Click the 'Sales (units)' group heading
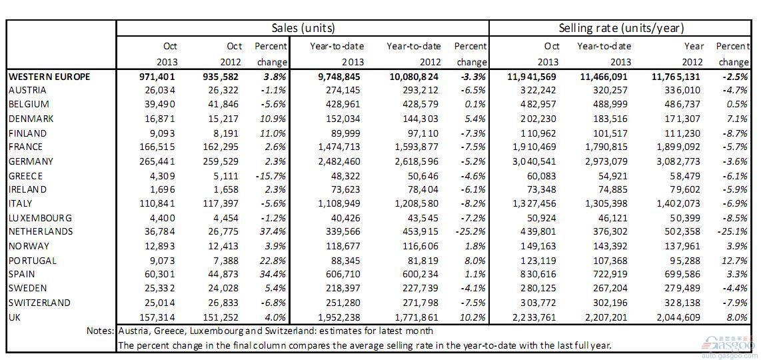click(303, 28)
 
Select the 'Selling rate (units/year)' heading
click(621, 28)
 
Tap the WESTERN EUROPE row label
click(49, 76)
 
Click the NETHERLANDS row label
click(41, 231)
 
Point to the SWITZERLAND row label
click(40, 303)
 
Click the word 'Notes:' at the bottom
click(101, 331)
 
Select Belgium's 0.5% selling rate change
click(738, 105)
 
